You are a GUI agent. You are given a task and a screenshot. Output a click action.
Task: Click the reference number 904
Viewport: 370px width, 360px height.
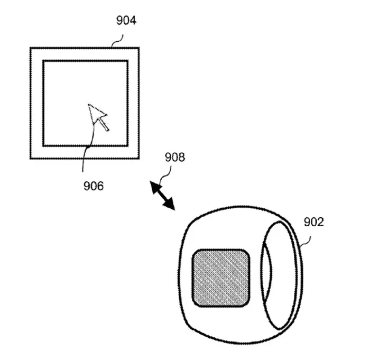126,21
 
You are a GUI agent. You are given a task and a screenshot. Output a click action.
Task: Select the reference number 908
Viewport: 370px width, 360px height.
175,158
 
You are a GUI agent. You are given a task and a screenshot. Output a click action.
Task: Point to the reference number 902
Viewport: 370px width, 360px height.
313,222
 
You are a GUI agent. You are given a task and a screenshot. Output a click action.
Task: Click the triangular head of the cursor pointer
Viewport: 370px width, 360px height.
96,113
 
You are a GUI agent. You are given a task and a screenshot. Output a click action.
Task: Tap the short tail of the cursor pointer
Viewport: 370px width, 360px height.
105,126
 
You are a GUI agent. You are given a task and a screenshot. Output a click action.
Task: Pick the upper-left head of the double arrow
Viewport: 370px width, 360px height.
155,186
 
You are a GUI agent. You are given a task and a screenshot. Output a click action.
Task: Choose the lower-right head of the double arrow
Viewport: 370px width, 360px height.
170,205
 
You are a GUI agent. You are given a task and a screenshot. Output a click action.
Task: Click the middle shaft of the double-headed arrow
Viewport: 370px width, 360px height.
162,196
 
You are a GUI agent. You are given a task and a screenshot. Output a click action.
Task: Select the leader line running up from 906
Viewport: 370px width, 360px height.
86,153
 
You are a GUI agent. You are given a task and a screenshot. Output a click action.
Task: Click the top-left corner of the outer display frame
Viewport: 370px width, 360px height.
31,49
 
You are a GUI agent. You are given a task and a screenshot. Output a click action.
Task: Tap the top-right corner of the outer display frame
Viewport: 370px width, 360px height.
138,49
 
